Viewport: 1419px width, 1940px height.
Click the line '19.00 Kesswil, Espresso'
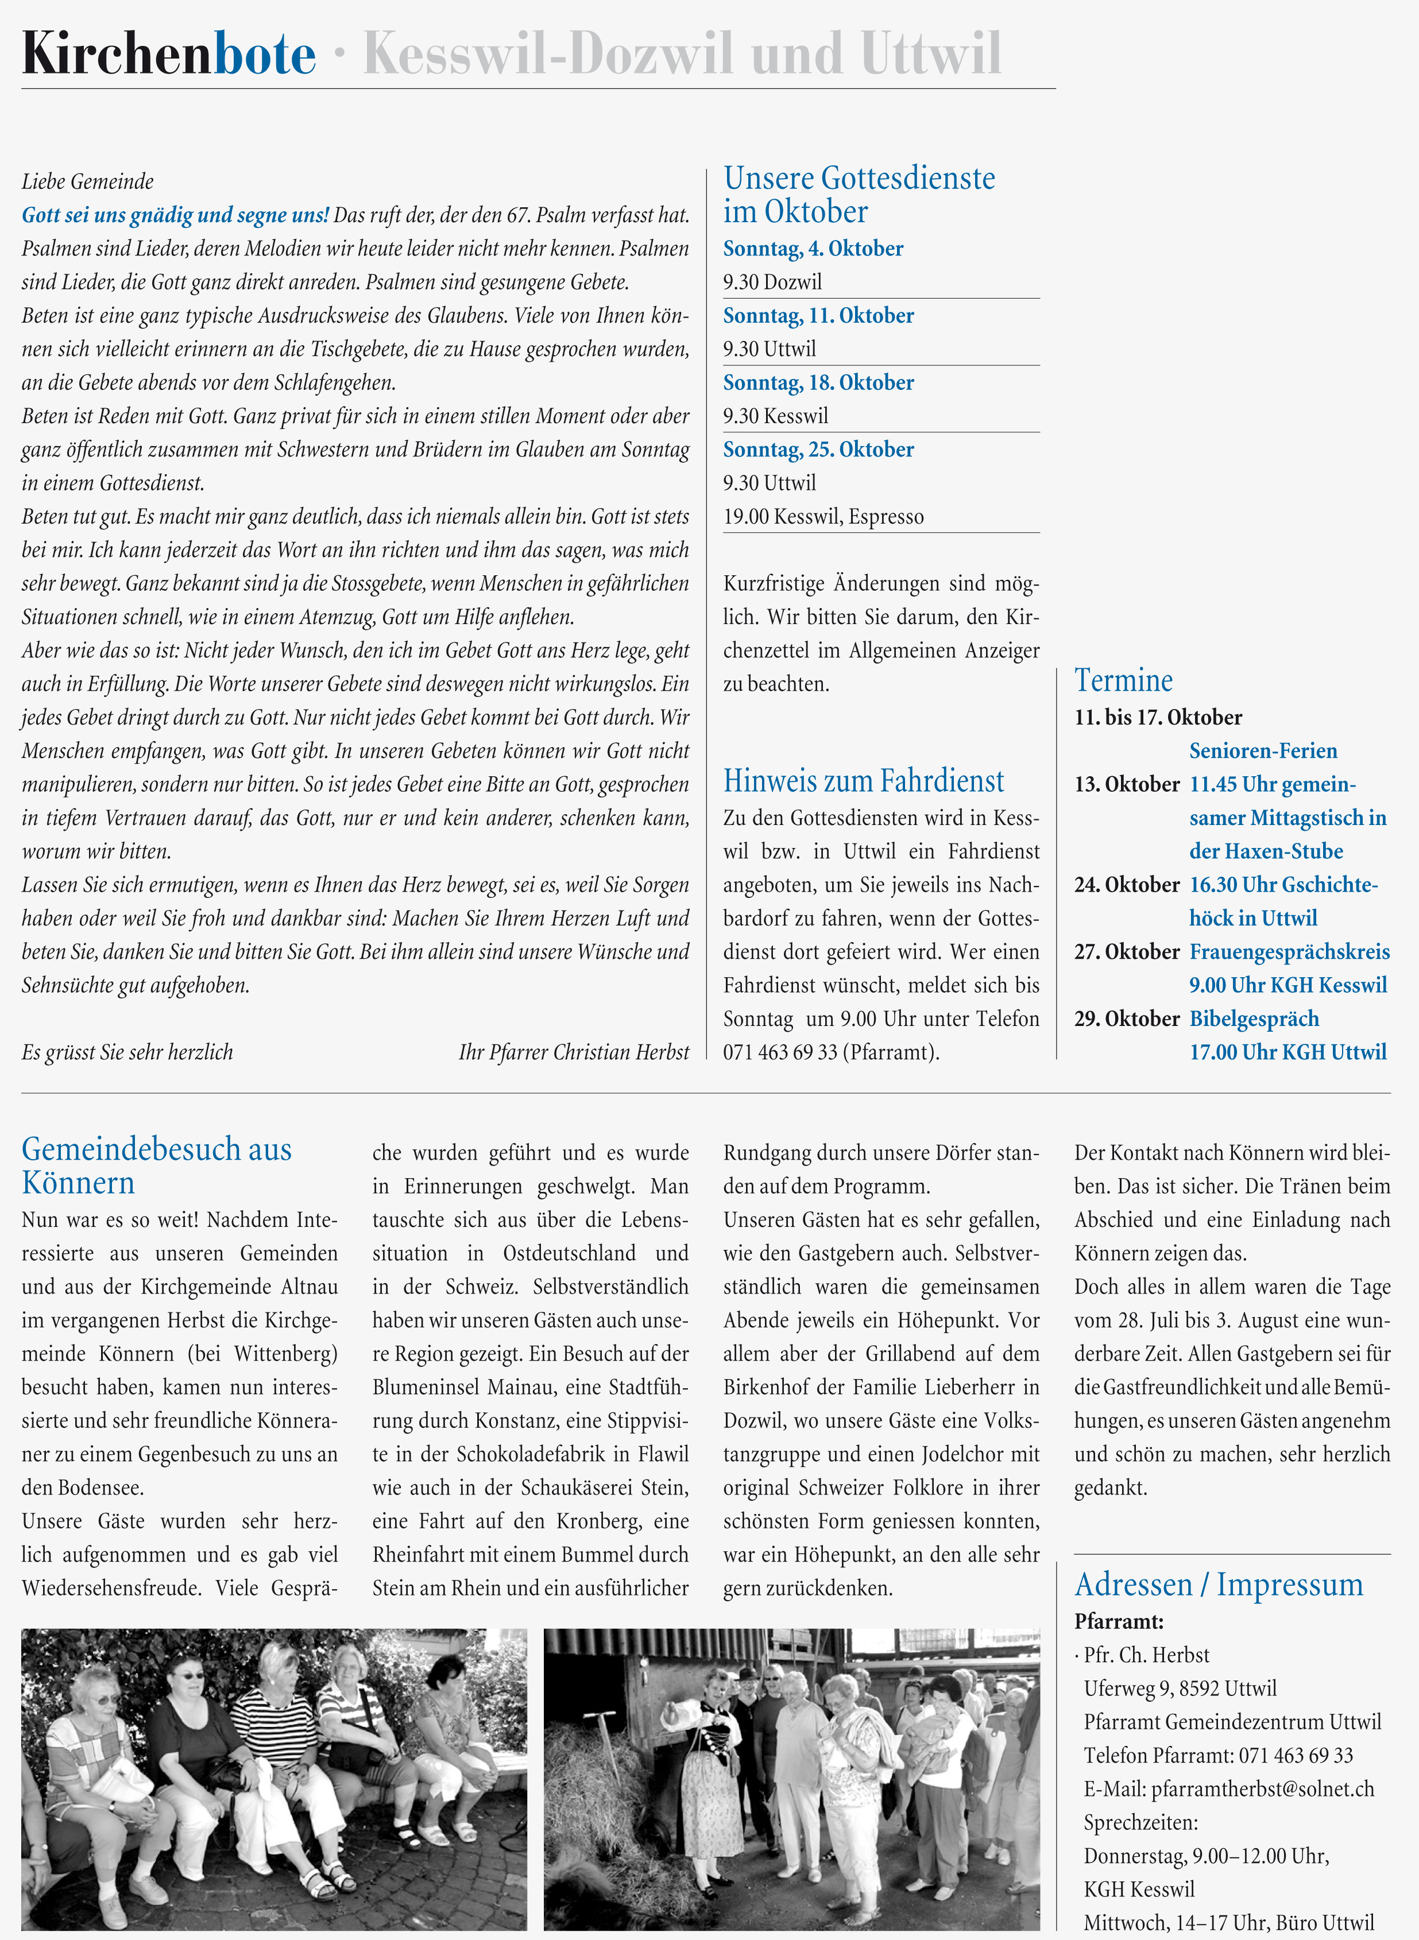823,516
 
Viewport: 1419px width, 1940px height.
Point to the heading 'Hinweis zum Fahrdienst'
863,781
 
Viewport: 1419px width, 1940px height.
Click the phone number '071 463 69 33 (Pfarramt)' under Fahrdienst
830,1052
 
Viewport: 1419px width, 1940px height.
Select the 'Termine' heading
1123,680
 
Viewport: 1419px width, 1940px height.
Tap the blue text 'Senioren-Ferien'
1263,750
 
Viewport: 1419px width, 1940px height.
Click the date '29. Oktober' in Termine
1126,1019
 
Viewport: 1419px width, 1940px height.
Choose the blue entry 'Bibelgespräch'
1253,1019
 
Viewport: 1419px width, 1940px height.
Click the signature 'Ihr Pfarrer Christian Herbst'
573,1052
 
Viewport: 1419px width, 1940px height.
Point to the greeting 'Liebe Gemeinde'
88,181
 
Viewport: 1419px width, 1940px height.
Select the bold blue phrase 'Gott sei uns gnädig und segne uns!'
175,215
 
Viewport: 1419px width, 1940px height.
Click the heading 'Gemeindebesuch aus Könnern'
156,1165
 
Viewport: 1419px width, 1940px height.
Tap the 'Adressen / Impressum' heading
1218,1585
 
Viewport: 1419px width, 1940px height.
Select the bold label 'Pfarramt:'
1118,1621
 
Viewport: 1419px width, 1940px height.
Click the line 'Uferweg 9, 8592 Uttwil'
1180,1689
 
